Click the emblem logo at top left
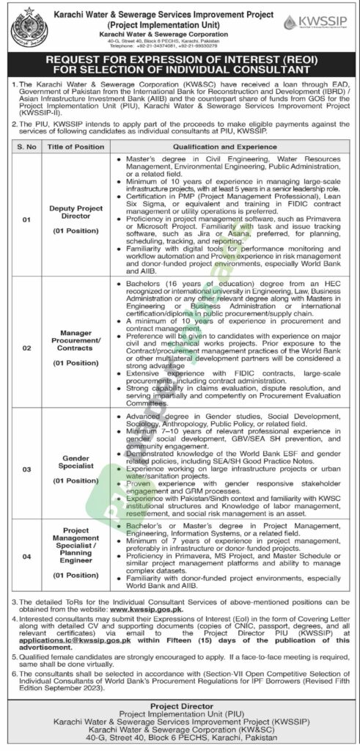coord(27,23)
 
